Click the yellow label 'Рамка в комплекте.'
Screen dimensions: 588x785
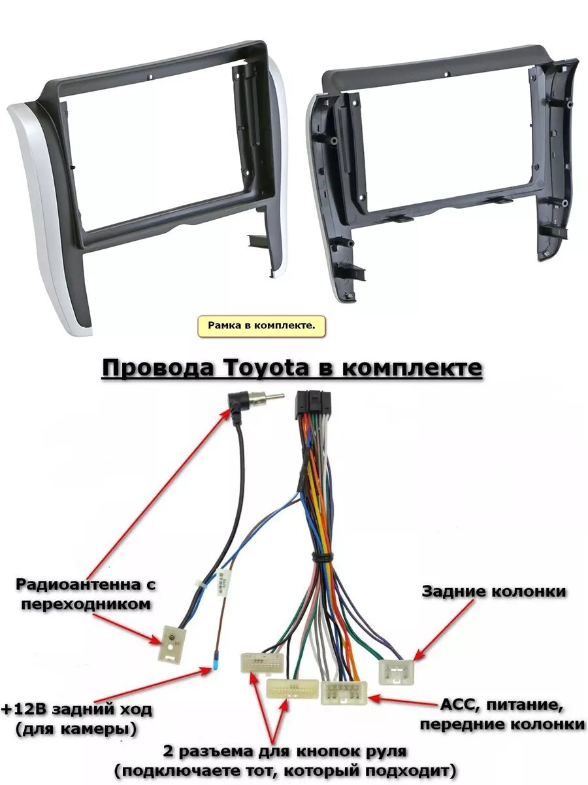click(261, 325)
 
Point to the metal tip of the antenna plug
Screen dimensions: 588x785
click(273, 397)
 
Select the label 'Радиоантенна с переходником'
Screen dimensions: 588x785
click(86, 593)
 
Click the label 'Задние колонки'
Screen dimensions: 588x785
click(494, 591)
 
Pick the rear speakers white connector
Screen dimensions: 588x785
click(397, 671)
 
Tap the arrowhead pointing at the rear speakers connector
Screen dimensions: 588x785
click(419, 655)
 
